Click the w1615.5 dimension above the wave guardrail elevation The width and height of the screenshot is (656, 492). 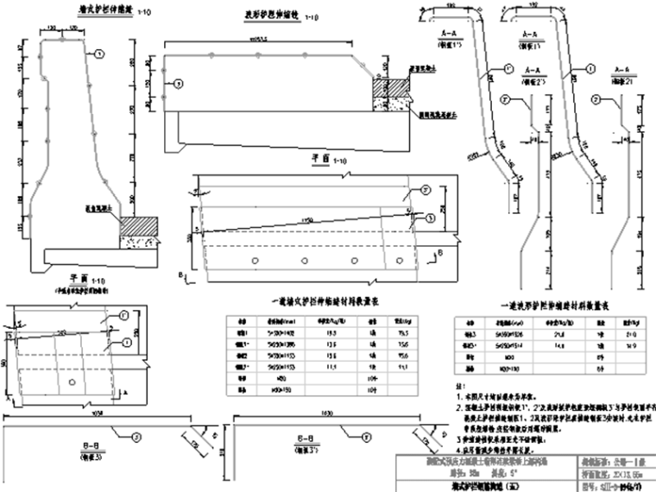point(258,40)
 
